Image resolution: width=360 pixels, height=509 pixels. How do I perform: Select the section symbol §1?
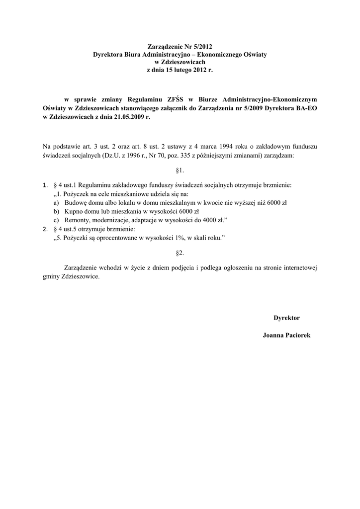coord(180,170)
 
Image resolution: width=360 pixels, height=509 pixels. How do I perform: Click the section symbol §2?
coord(180,253)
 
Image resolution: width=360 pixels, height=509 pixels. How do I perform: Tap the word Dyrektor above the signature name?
coord(286,317)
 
